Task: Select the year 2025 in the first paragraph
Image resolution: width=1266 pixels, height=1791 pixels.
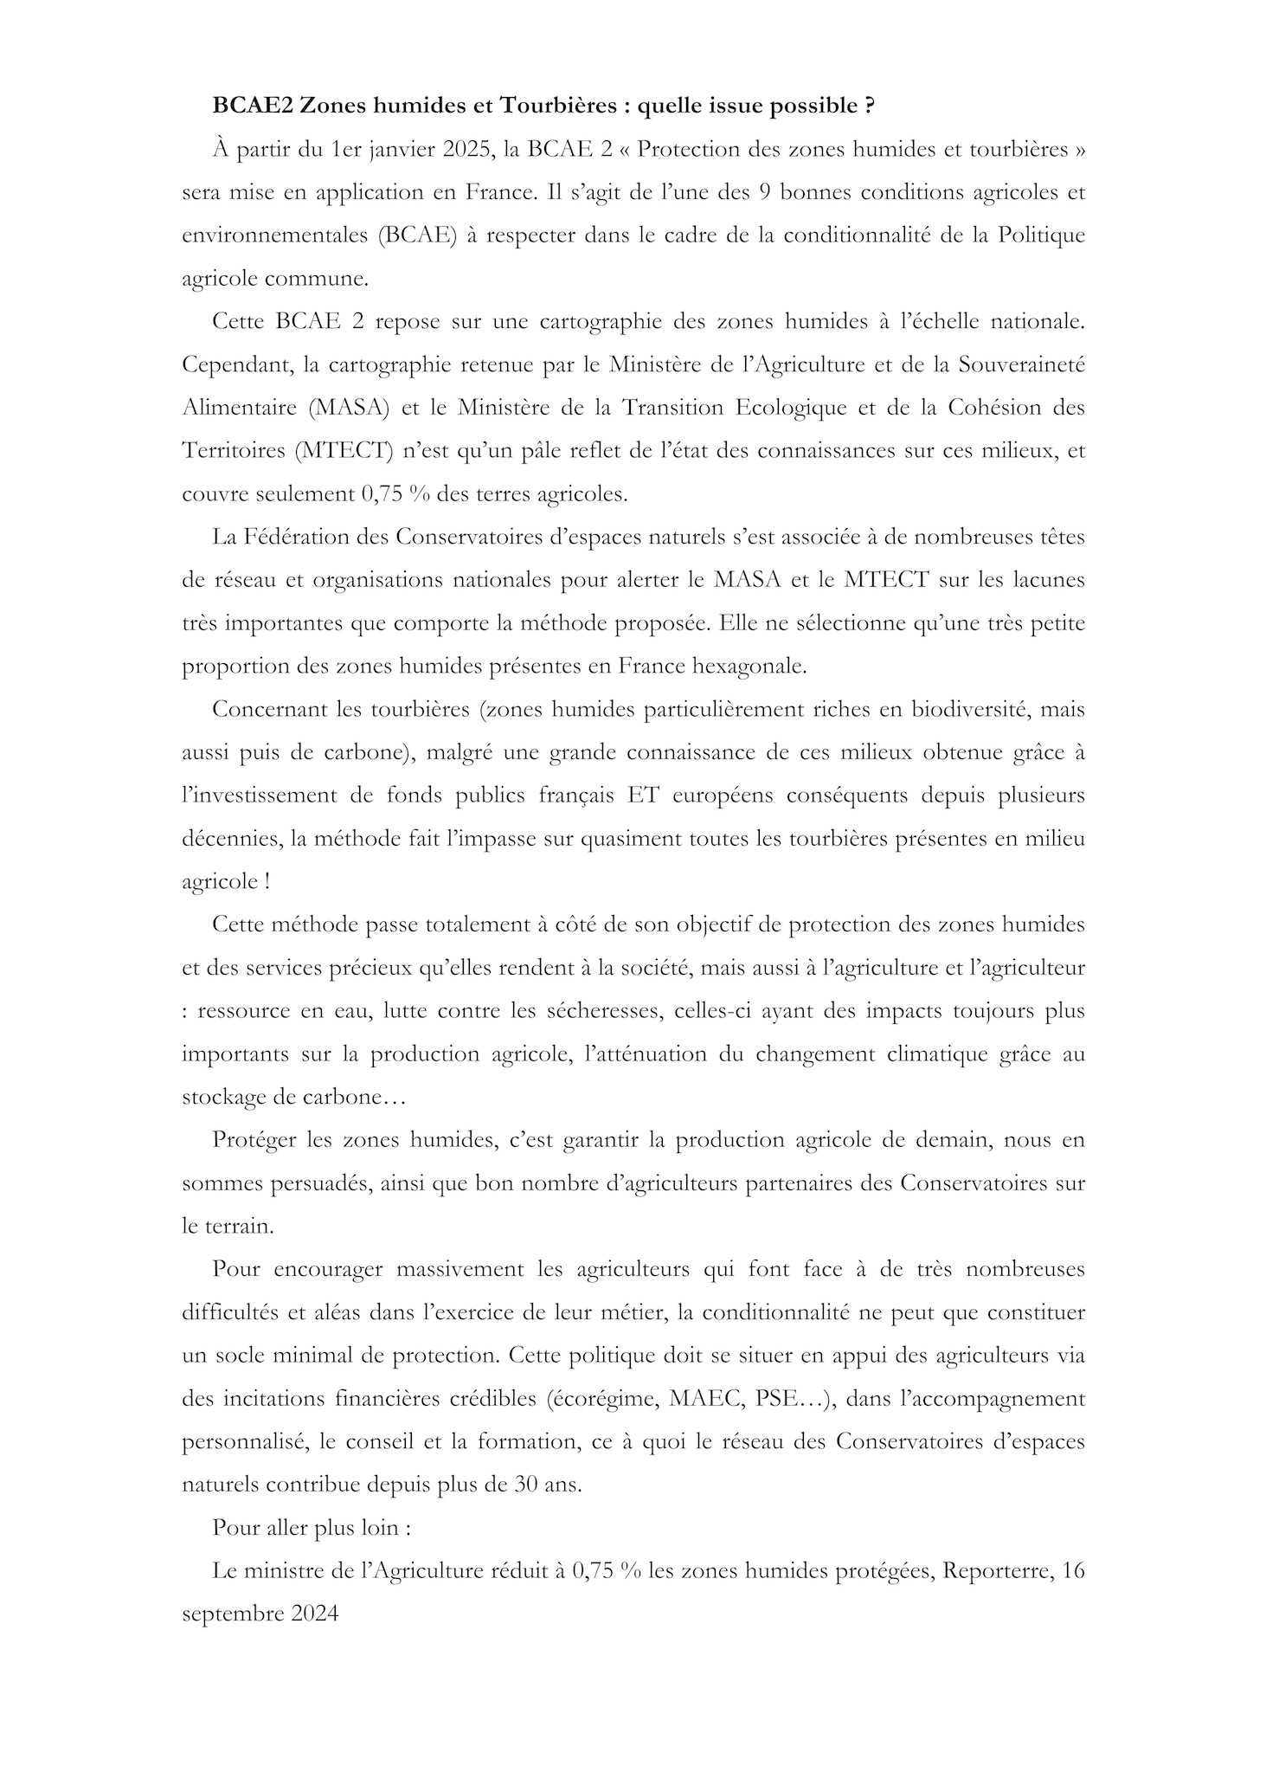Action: pyautogui.click(x=468, y=149)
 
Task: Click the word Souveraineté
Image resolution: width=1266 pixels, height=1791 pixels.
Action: pyautogui.click(x=1021, y=364)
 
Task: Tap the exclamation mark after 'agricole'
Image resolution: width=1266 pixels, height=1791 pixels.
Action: pyautogui.click(x=267, y=881)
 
